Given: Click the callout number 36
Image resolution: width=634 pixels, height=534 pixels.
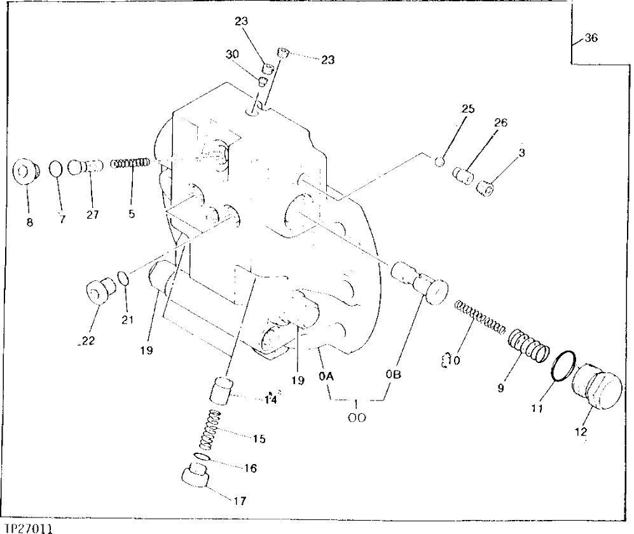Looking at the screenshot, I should point(591,38).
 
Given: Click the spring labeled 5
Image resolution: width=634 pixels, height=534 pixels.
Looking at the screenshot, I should point(130,164).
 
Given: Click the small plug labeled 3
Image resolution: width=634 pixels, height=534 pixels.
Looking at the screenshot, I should point(487,188).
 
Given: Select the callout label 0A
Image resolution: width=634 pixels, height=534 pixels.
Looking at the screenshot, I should point(326,376).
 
